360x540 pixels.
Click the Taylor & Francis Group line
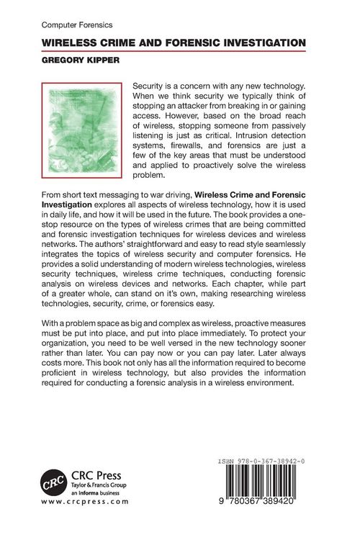tap(99, 486)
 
